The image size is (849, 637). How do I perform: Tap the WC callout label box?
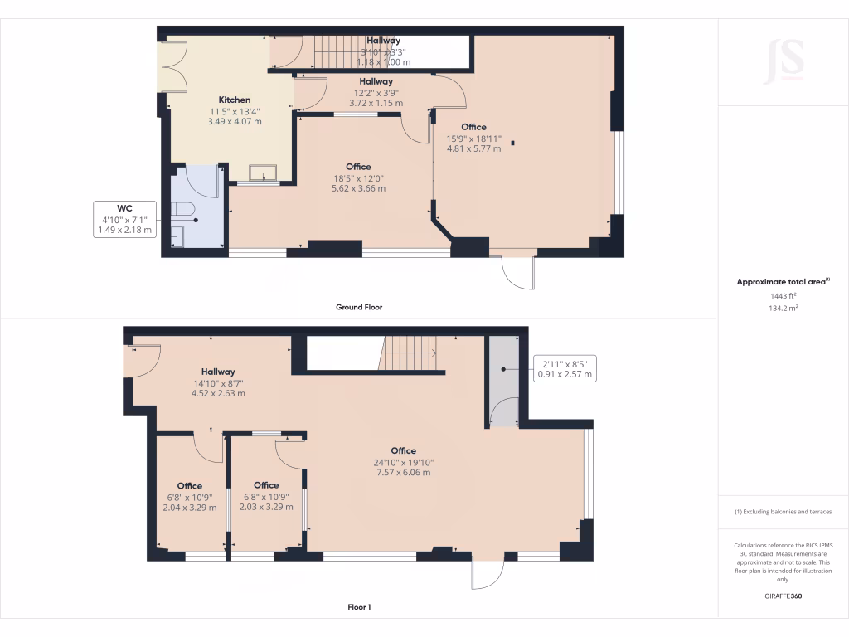coord(124,219)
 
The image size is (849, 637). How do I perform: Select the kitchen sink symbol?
coord(264,172)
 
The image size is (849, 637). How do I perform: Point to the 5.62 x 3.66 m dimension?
coord(358,188)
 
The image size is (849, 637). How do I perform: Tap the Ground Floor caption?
coord(358,307)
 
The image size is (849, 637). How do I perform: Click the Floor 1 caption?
coord(358,607)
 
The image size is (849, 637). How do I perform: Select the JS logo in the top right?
coord(783,60)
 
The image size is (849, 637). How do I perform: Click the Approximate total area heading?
coord(782,282)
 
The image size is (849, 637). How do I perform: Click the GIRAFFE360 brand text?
coord(783,596)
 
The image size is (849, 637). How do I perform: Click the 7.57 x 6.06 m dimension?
coord(403,473)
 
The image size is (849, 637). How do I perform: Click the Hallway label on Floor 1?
coord(217,372)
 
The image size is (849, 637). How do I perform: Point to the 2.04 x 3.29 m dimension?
coord(189,507)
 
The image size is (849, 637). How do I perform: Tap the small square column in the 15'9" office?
coord(513,143)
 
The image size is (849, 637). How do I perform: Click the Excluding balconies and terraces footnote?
coord(783,512)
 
